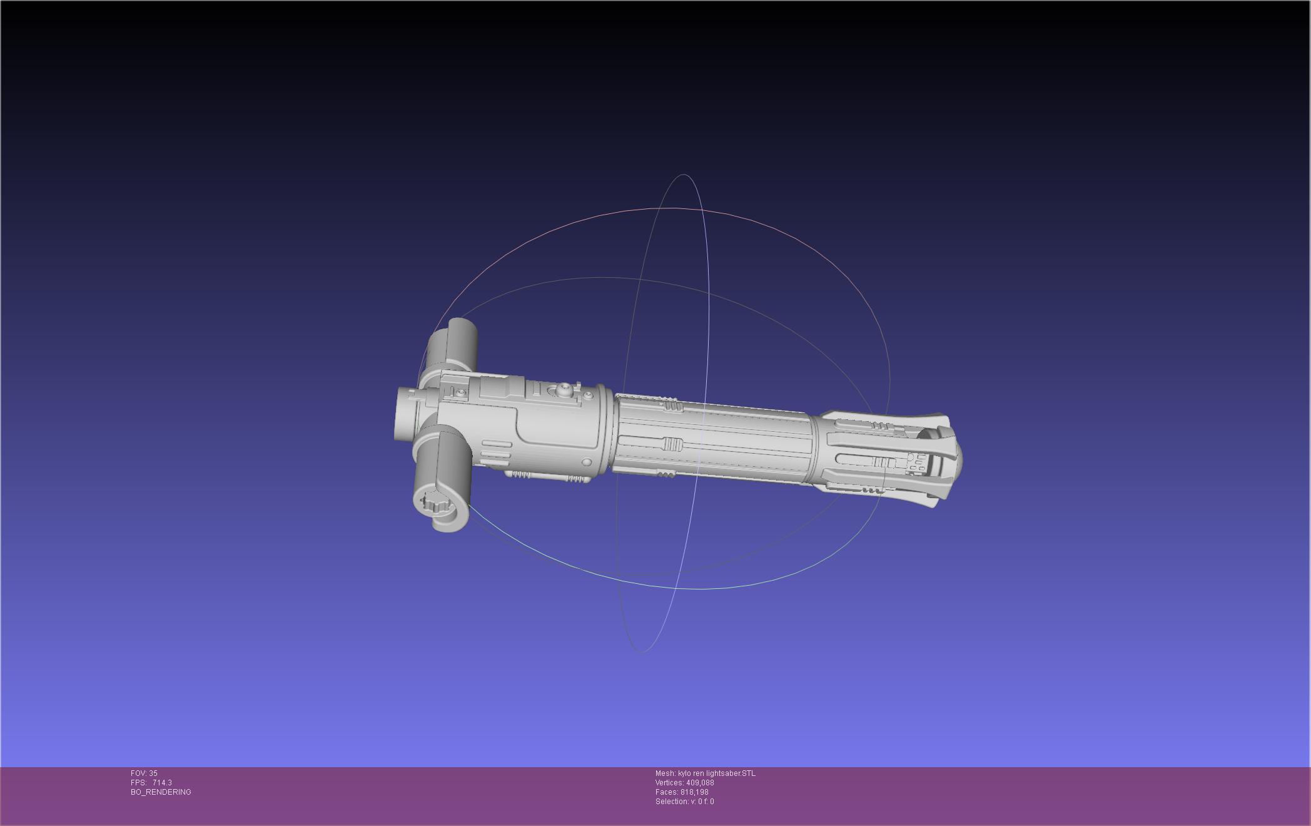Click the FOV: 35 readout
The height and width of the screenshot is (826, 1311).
click(144, 773)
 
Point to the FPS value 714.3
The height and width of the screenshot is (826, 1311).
click(162, 783)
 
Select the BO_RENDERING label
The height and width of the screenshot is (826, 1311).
click(161, 792)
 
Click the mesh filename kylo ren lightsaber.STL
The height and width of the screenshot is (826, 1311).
click(717, 773)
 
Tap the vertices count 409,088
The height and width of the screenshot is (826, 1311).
click(700, 783)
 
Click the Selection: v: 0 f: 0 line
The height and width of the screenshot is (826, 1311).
click(684, 802)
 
